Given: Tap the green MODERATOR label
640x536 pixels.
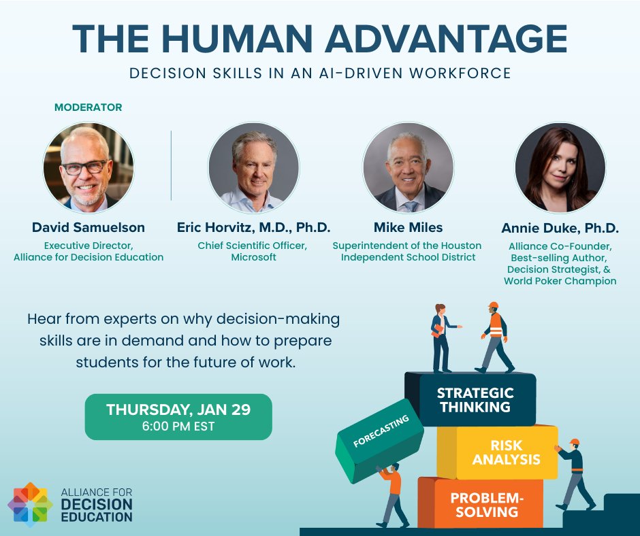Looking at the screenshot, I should (x=89, y=107).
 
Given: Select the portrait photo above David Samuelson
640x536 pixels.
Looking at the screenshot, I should (x=89, y=167).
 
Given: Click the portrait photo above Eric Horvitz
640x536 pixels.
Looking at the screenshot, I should (x=254, y=167).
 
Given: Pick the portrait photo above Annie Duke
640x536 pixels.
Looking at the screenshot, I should (x=560, y=167).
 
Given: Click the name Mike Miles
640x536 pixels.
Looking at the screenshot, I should (x=407, y=228).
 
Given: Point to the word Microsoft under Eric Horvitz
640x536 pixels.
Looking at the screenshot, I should (x=254, y=257).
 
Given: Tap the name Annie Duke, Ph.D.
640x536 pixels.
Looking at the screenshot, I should (x=560, y=228).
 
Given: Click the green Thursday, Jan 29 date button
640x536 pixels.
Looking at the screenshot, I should (x=178, y=416).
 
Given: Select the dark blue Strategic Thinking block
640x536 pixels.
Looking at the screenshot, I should (x=475, y=400).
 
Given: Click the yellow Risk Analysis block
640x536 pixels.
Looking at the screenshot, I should (x=507, y=452).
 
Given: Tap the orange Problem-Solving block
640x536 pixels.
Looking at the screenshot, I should (x=487, y=504).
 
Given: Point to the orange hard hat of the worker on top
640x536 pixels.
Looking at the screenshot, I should (x=494, y=306).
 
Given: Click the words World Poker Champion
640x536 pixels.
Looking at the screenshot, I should (x=560, y=281).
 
